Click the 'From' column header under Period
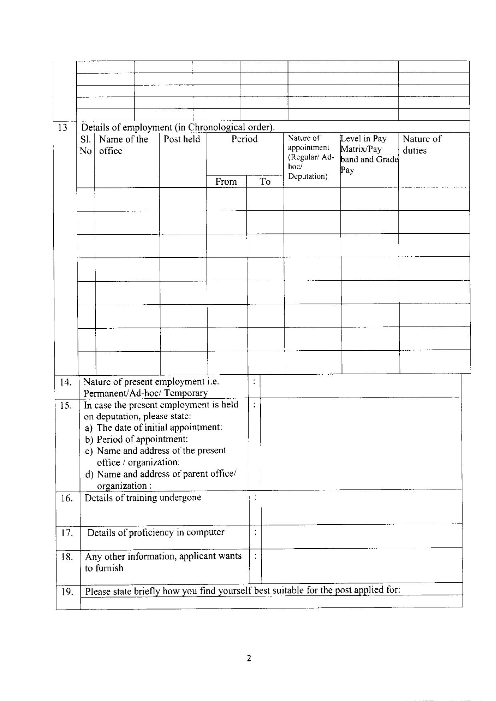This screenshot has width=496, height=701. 226,182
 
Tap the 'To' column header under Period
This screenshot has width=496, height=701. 265,182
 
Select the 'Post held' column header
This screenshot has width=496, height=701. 182,139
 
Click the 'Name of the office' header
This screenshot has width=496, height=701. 123,145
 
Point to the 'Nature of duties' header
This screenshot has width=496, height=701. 422,144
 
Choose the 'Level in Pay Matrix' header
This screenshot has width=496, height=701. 369,154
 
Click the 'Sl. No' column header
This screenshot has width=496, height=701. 86,145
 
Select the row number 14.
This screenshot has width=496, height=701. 66,382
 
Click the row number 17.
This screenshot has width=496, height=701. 66,533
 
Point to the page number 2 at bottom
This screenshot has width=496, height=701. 249,658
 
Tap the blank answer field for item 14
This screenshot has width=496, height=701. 360,386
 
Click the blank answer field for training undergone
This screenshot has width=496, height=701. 361,507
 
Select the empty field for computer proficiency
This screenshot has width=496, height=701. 361,536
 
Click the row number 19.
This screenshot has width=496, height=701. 66,592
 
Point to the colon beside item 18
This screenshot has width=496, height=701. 255,557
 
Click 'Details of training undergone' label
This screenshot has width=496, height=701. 143,498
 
